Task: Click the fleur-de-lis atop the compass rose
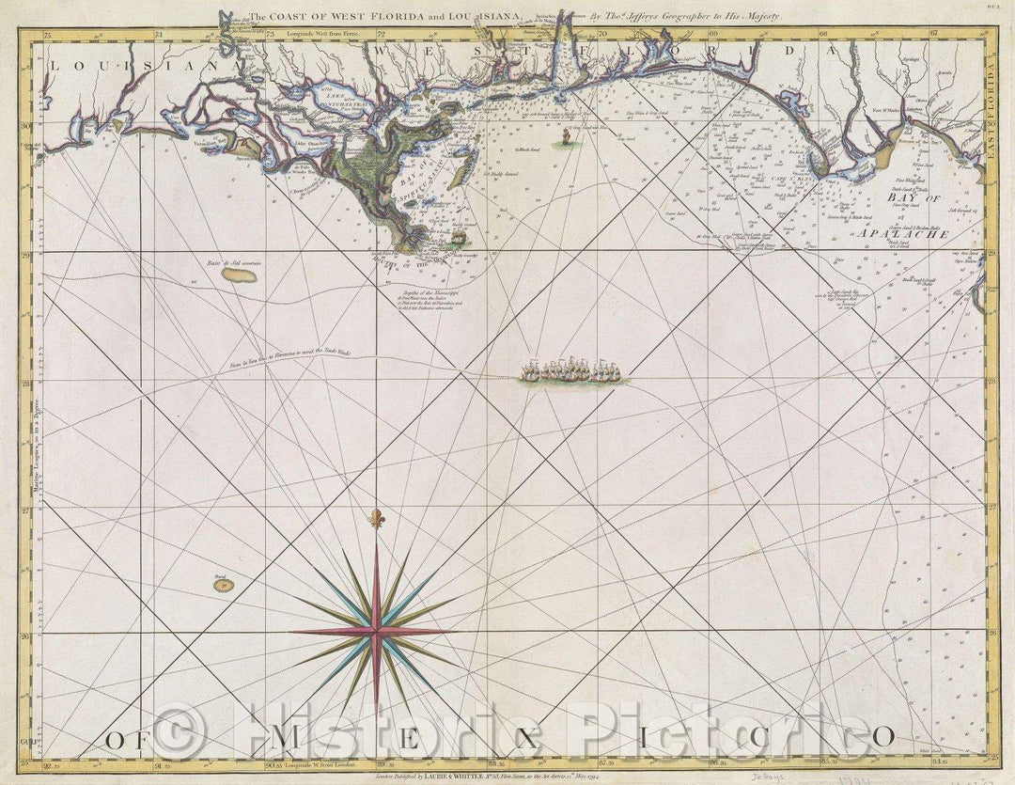coord(377,518)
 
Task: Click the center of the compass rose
coord(376,632)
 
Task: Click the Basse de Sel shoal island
coord(239,276)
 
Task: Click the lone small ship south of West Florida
coord(566,139)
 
